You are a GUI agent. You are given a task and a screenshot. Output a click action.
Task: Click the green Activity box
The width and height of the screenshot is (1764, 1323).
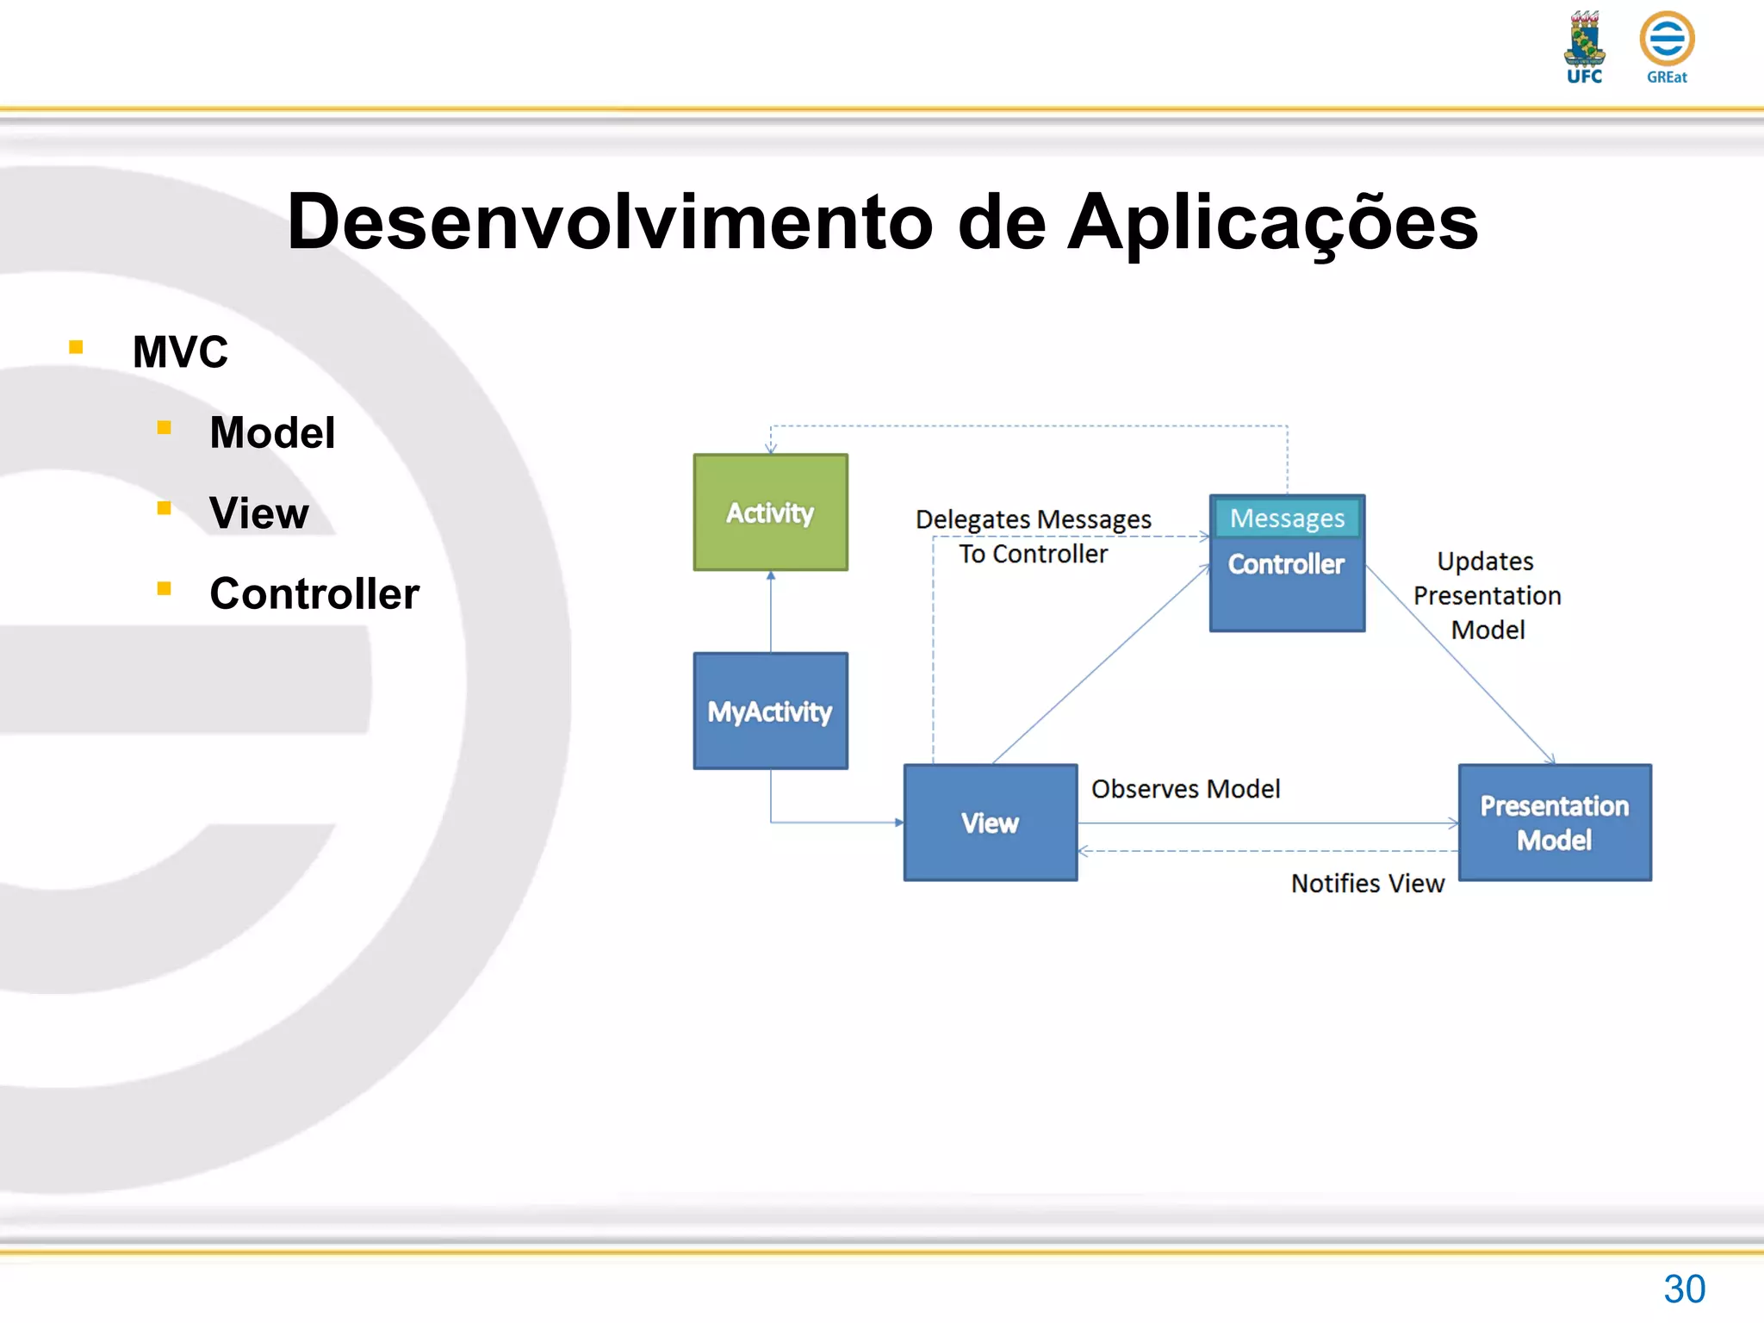(770, 512)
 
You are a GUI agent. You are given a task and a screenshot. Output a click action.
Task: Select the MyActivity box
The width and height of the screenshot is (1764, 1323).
(770, 711)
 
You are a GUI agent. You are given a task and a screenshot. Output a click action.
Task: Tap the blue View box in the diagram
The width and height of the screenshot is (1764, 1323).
(990, 823)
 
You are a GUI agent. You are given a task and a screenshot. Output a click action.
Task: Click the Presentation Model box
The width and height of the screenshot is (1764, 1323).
(1554, 823)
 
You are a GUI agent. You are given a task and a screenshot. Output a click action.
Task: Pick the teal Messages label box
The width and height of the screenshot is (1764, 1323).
(1287, 519)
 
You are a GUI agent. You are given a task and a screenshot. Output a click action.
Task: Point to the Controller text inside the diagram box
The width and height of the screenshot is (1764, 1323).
(1286, 564)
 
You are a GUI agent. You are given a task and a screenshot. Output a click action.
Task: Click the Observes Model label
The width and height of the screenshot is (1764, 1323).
(1185, 789)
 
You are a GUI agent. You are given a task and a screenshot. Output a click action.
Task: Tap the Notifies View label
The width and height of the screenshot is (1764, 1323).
(1367, 884)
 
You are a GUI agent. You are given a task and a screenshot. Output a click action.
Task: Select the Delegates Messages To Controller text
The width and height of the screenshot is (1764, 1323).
(1033, 536)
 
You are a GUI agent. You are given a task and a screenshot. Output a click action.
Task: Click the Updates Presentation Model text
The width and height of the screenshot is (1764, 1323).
(1487, 595)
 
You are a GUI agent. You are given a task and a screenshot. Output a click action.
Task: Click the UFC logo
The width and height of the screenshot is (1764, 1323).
(1584, 47)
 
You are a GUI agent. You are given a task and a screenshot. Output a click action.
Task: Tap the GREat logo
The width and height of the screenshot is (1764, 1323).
(1667, 47)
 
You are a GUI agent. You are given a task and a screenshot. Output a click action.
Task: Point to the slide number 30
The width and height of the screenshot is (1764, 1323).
(1684, 1289)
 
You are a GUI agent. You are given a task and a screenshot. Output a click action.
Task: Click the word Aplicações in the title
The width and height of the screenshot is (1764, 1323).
(1272, 222)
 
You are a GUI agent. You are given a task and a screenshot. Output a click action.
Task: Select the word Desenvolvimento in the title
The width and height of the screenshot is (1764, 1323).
(610, 222)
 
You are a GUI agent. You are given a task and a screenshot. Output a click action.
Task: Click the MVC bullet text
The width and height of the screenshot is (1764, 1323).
(180, 352)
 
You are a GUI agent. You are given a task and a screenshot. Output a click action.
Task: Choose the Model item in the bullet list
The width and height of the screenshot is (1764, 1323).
(272, 432)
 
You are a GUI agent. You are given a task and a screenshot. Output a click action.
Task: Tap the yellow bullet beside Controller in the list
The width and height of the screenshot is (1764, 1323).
(165, 588)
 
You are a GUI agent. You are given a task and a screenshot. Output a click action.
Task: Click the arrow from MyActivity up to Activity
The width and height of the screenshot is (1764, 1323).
(770, 612)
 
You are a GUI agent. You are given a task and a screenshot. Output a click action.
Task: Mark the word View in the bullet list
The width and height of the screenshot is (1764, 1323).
(258, 513)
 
